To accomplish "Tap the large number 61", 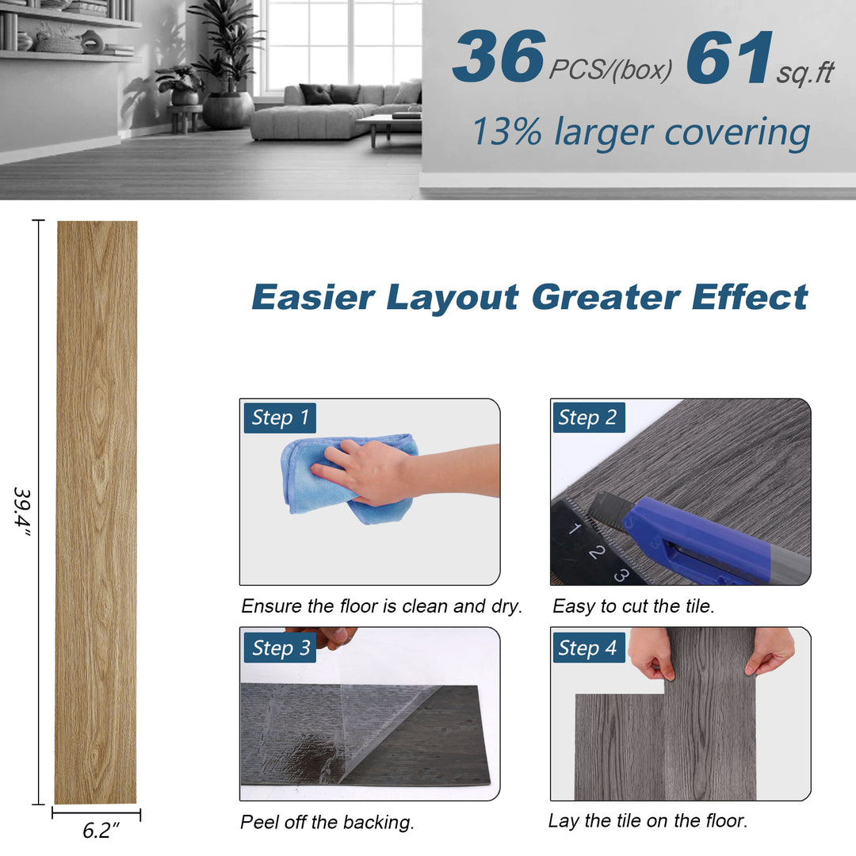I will click(729, 58).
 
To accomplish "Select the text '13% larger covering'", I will click(640, 132).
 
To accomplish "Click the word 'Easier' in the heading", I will click(313, 297).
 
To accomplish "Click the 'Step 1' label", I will click(280, 418).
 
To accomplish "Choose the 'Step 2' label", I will click(588, 418).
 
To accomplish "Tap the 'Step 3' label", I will click(280, 648).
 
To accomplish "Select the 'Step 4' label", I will click(588, 648).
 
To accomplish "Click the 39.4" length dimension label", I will click(21, 512).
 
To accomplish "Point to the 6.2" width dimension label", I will click(101, 831).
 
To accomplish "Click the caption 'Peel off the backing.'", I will click(327, 823).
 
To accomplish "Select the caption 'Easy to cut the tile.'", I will click(633, 606).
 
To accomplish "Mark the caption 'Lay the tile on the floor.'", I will click(648, 821).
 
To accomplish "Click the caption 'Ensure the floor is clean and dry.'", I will click(381, 606).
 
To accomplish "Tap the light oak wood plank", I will click(96, 512).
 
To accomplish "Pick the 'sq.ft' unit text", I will click(805, 73).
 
